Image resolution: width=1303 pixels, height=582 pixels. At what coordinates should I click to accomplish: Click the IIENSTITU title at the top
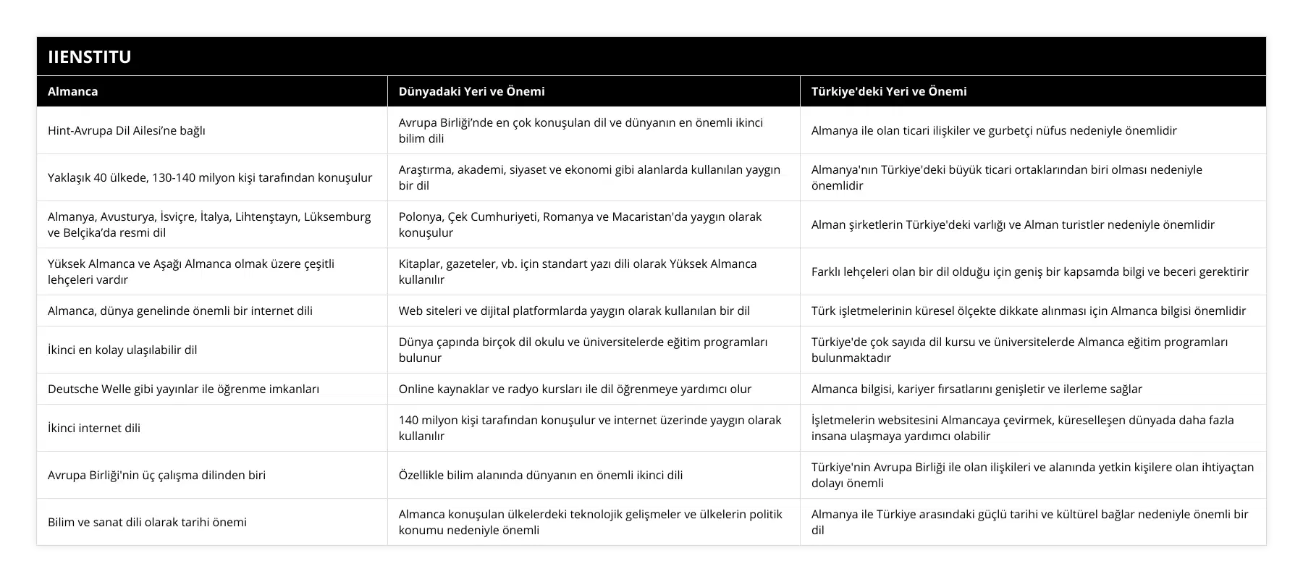click(x=90, y=56)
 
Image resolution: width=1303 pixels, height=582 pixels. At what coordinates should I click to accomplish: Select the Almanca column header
click(x=73, y=91)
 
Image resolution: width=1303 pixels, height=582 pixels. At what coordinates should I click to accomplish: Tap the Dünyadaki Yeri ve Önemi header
click(x=471, y=91)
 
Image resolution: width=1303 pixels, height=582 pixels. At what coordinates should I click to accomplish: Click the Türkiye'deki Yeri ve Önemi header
click(x=889, y=91)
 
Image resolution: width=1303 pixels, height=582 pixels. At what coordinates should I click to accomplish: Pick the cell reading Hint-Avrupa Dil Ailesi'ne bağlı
click(x=127, y=130)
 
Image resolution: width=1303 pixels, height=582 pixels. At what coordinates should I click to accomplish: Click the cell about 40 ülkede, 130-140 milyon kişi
click(x=210, y=177)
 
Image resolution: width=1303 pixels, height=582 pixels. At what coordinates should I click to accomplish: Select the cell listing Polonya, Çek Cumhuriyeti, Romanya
click(x=580, y=224)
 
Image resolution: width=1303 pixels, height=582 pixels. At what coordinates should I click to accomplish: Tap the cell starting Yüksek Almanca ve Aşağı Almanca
click(x=191, y=271)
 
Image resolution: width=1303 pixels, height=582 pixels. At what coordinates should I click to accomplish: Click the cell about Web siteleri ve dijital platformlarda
click(x=574, y=311)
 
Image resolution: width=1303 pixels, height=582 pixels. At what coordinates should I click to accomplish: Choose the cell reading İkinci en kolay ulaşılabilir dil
click(x=122, y=350)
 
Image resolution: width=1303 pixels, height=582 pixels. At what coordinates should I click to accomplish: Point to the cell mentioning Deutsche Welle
click(x=183, y=389)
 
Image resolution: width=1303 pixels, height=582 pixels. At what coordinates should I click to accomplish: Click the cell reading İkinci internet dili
click(x=94, y=428)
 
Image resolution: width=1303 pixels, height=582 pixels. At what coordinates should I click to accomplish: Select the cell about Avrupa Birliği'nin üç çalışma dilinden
click(x=156, y=475)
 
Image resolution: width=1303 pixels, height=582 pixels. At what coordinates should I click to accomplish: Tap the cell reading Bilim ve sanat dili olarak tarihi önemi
click(x=147, y=522)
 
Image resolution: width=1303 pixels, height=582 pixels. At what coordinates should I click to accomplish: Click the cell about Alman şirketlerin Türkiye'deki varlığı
click(x=1013, y=224)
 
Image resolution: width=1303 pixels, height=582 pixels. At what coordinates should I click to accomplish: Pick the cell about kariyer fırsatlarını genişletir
click(x=977, y=389)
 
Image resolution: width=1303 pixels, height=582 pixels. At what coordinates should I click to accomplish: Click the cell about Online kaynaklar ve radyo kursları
click(x=575, y=389)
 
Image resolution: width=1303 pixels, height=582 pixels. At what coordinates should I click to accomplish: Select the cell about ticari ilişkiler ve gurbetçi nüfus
click(x=994, y=130)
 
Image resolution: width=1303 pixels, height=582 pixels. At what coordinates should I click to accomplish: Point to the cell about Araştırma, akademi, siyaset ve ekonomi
click(x=589, y=177)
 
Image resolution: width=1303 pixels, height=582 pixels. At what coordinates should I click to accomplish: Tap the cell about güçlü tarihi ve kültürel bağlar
click(x=1029, y=522)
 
